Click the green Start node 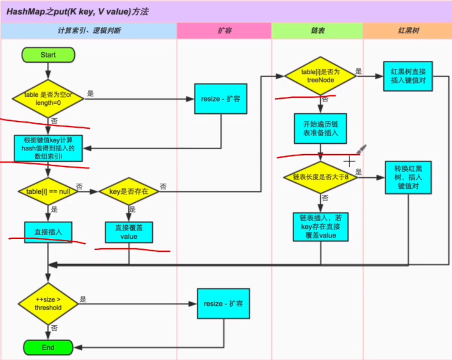point(48,55)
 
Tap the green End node point(48,347)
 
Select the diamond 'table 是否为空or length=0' point(48,99)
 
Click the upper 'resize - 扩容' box point(221,99)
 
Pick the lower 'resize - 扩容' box point(223,304)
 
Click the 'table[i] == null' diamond point(48,191)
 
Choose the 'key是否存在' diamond point(129,191)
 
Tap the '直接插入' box point(48,232)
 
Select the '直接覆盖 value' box point(129,232)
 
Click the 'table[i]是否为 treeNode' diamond point(320,76)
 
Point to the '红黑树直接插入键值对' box point(408,76)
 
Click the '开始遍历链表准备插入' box point(321,129)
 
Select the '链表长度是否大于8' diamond point(320,177)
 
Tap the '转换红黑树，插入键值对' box point(408,177)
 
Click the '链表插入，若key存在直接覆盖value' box point(321,226)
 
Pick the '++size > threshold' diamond point(48,304)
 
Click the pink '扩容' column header point(224,31)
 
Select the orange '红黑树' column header point(407,31)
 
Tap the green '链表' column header point(318,31)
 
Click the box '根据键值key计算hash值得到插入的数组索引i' point(48,148)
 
